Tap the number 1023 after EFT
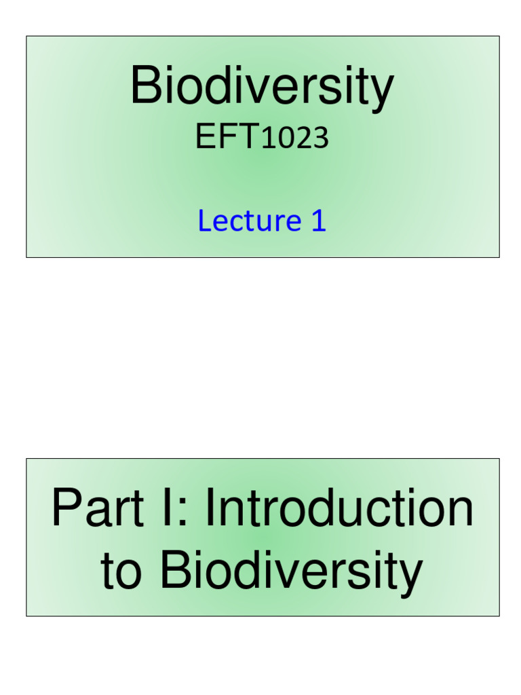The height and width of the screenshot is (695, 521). (295, 138)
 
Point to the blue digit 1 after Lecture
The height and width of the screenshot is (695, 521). (318, 221)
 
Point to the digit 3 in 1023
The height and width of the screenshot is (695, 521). (322, 138)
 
